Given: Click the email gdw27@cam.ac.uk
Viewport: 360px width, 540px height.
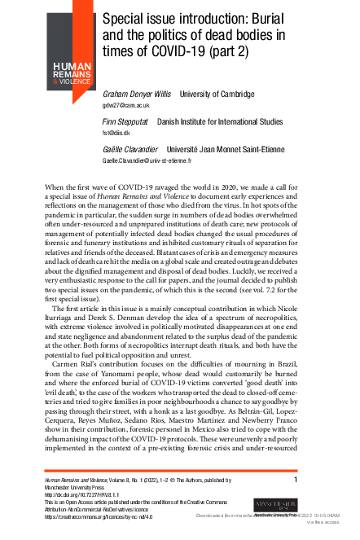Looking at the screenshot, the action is click(125, 106).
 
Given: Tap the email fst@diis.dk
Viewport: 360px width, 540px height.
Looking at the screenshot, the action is click(117, 131).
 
